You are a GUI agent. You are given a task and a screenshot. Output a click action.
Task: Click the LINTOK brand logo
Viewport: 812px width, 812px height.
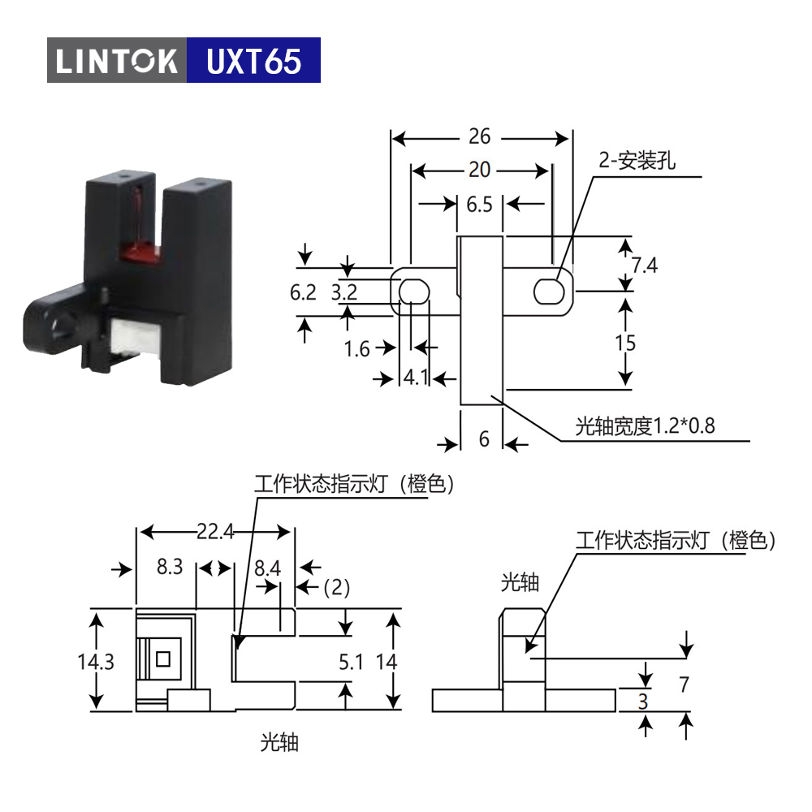click(x=116, y=60)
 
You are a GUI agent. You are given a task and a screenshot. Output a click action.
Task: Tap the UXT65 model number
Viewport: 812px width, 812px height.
click(x=253, y=61)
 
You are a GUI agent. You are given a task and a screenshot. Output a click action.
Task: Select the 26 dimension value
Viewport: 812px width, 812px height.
click(x=480, y=136)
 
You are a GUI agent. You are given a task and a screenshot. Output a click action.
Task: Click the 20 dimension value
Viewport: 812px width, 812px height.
click(x=480, y=170)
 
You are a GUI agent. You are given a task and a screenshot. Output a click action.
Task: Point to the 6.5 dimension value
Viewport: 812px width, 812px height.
click(x=480, y=205)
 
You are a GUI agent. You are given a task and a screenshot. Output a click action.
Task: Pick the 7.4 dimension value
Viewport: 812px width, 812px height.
click(x=644, y=266)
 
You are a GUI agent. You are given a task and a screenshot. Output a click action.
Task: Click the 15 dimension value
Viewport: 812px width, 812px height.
click(x=625, y=343)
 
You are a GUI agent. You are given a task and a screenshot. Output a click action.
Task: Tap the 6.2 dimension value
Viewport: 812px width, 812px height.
click(x=303, y=292)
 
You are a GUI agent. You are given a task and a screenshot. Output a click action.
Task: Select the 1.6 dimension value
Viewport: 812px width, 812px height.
click(x=356, y=349)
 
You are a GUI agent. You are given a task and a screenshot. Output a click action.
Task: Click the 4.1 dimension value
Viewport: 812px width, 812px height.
click(x=416, y=377)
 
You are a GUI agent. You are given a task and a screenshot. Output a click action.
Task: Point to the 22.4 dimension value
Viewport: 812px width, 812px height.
click(x=215, y=532)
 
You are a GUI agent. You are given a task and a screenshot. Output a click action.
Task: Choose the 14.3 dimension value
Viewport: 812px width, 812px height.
click(x=96, y=662)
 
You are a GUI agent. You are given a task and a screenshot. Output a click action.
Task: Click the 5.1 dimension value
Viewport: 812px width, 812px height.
click(x=351, y=662)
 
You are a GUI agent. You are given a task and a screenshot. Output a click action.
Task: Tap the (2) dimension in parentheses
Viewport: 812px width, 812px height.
click(x=337, y=588)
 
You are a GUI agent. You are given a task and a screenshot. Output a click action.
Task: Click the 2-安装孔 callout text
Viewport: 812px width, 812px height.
click(x=637, y=161)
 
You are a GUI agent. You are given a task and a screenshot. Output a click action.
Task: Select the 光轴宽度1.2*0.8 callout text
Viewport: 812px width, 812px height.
click(x=646, y=426)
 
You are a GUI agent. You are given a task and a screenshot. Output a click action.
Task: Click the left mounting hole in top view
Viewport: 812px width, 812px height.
click(x=414, y=292)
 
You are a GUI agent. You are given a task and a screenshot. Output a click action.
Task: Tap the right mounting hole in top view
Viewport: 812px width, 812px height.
click(x=549, y=291)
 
